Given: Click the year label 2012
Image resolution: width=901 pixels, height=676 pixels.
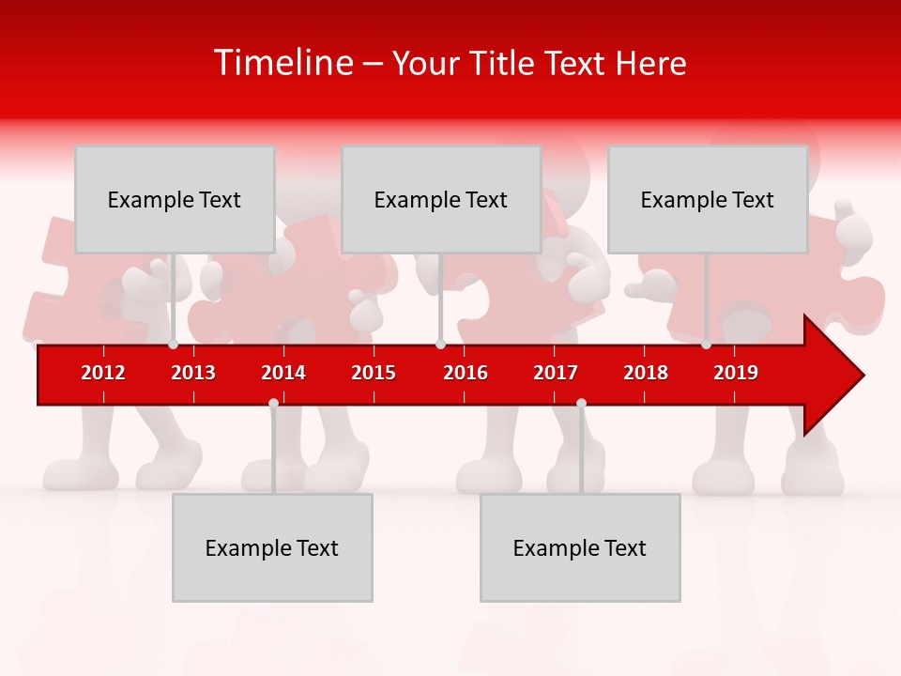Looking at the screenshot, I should [x=103, y=373].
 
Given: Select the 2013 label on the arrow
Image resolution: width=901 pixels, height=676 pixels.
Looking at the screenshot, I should [x=193, y=373].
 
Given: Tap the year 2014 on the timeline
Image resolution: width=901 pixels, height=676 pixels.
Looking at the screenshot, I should [x=283, y=373].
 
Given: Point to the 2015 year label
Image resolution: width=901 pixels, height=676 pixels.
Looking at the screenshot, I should [x=374, y=373].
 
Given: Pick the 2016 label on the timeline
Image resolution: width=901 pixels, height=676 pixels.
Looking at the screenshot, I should [x=466, y=373].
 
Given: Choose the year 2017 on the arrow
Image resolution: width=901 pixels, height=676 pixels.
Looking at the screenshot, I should [x=556, y=373].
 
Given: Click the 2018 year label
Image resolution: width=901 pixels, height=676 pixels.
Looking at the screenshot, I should [x=646, y=373].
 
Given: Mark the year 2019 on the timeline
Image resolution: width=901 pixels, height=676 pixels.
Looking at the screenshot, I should [x=736, y=373].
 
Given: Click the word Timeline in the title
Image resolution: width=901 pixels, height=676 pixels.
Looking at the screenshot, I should [x=283, y=63].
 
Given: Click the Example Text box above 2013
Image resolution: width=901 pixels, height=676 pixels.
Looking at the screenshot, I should [x=175, y=199].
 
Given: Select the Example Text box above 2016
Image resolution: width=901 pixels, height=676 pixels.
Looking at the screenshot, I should [x=441, y=199].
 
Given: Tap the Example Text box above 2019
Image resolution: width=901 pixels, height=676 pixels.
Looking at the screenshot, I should [x=708, y=199].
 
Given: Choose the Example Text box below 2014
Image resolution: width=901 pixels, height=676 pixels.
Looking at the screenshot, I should [x=272, y=547].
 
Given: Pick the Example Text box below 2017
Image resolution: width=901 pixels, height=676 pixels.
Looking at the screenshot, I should [x=580, y=547].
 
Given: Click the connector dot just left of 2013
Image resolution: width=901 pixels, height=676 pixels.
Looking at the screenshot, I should [x=174, y=345].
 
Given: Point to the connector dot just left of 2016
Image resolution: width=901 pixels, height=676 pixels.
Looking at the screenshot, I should [x=440, y=345].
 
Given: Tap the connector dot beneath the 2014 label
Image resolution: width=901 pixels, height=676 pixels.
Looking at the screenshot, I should [x=273, y=403].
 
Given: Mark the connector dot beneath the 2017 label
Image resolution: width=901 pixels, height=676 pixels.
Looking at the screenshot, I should [x=581, y=403].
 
